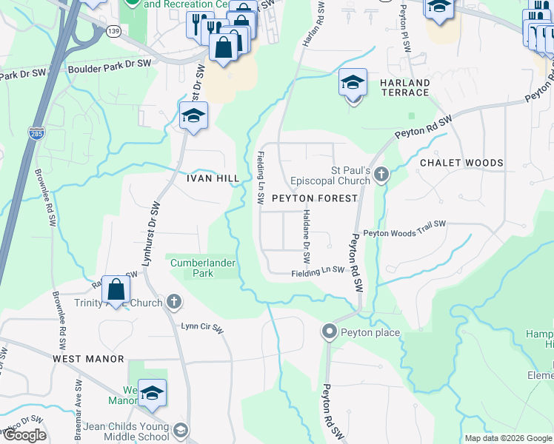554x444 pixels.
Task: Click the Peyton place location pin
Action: point(330,332)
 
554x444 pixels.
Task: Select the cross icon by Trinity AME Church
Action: point(173,301)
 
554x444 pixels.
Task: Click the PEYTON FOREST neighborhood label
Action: point(314,198)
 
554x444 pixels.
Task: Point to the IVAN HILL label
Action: point(213,178)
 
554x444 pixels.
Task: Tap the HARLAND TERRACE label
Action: point(405,87)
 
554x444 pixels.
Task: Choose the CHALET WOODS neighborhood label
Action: point(461,163)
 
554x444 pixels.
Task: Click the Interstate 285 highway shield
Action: point(36,133)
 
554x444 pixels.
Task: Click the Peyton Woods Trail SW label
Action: point(404,228)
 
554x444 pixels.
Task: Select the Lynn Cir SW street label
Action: point(202,326)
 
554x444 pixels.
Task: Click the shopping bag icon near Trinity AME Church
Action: point(116,290)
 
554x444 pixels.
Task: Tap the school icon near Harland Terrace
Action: point(353,84)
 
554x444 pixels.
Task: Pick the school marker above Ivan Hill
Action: point(193,116)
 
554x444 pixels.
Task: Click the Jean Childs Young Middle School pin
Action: point(179,431)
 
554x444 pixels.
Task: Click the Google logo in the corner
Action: point(24,435)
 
